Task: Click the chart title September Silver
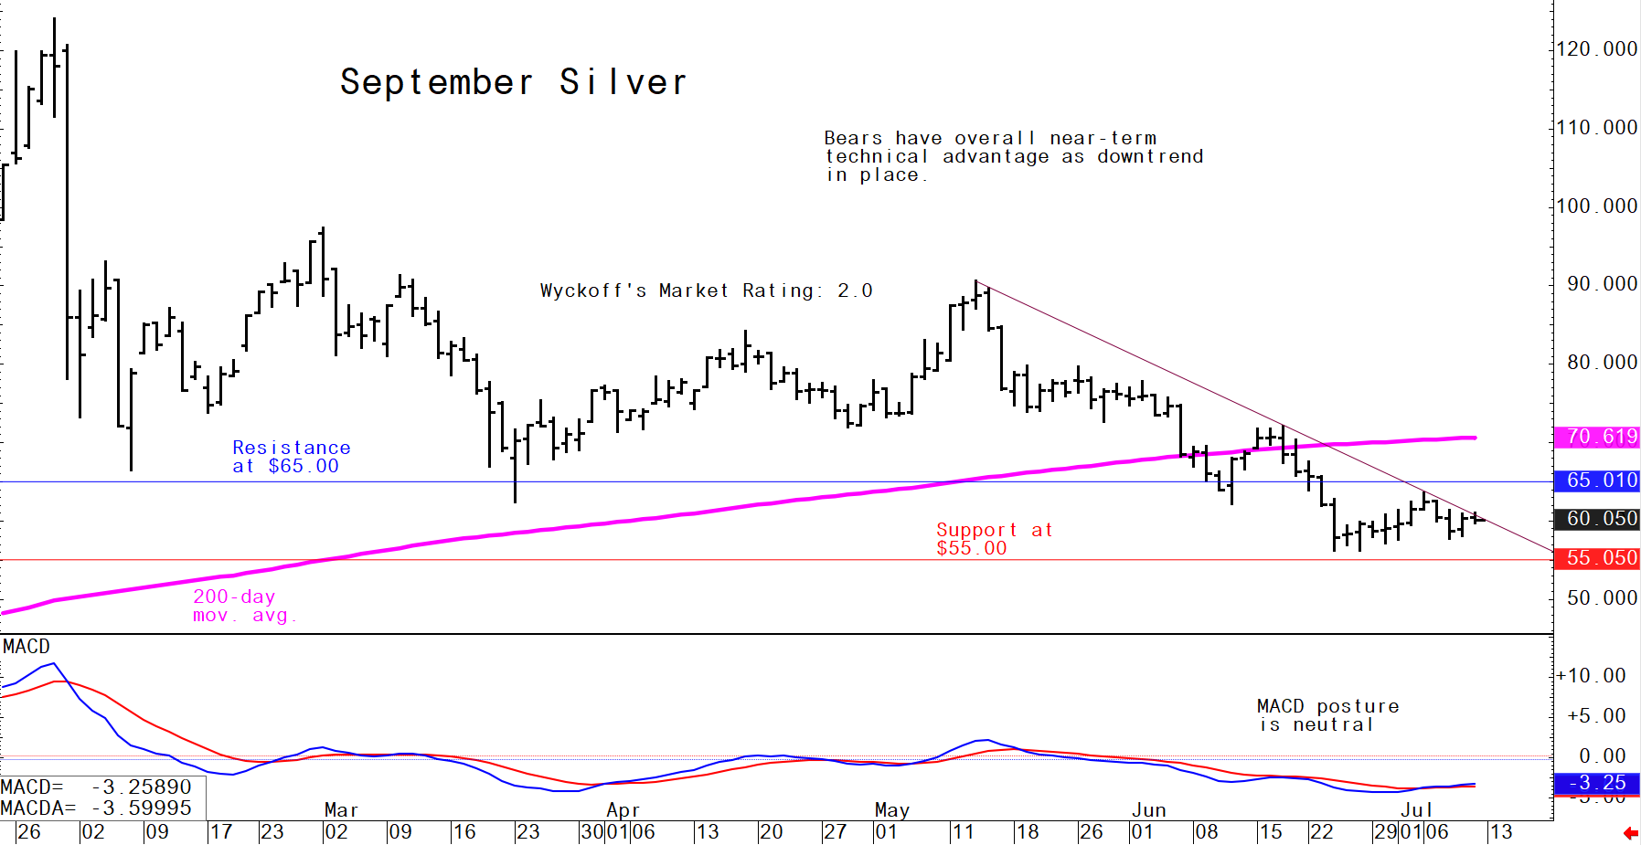[x=513, y=82]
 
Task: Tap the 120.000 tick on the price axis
[x=1596, y=49]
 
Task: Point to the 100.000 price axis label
[x=1596, y=206]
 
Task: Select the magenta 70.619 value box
[x=1597, y=437]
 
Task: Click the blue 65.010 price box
[x=1597, y=481]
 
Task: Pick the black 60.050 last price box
[x=1597, y=519]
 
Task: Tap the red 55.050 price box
[x=1597, y=558]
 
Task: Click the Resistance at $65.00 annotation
[x=292, y=457]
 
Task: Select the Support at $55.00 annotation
[x=995, y=539]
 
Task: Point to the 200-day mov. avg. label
[x=244, y=606]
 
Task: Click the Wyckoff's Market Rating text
[x=706, y=290]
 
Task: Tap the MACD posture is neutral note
[x=1327, y=715]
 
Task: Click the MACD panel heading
[x=27, y=647]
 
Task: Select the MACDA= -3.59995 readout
[x=96, y=808]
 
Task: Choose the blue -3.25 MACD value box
[x=1597, y=783]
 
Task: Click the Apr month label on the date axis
[x=623, y=810]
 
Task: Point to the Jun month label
[x=1149, y=810]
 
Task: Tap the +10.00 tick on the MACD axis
[x=1592, y=676]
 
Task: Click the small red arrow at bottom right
[x=1630, y=833]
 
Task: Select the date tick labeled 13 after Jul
[x=1500, y=832]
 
